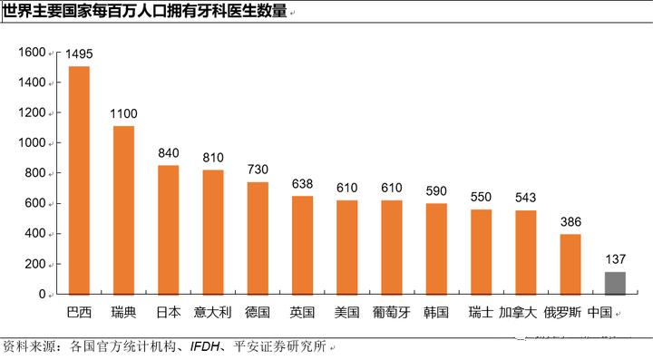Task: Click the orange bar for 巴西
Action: (x=79, y=180)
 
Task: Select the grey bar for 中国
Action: (x=615, y=283)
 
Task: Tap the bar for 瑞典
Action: (x=123, y=209)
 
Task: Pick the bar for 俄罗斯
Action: (x=570, y=264)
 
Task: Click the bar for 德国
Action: (x=258, y=238)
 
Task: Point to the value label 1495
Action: (x=79, y=54)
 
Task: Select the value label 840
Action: (x=169, y=152)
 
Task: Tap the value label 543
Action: (x=526, y=198)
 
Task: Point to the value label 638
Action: (x=302, y=183)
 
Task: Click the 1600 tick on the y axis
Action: (x=32, y=53)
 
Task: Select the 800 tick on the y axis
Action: (x=35, y=173)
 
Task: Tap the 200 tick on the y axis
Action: (x=35, y=264)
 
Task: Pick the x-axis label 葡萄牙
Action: (x=392, y=312)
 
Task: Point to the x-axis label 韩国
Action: (x=436, y=312)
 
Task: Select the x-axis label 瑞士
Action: (x=481, y=312)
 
